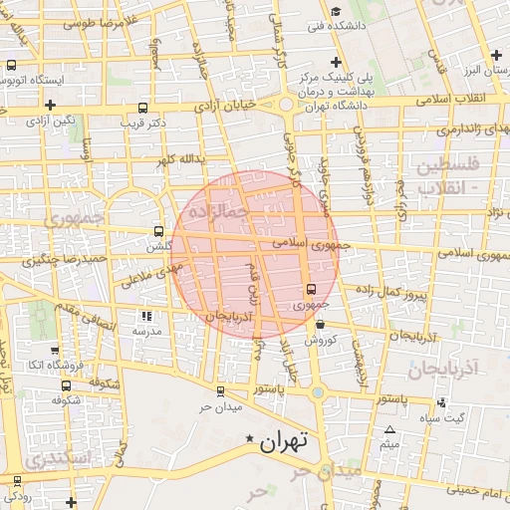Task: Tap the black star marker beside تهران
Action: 249,439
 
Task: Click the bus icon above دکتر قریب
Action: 143,107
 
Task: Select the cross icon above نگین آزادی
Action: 50,104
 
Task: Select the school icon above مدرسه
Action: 147,316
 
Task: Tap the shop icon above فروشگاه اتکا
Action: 54,351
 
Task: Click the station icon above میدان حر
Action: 219,390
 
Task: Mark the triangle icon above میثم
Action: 389,430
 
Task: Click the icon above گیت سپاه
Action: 441,402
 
